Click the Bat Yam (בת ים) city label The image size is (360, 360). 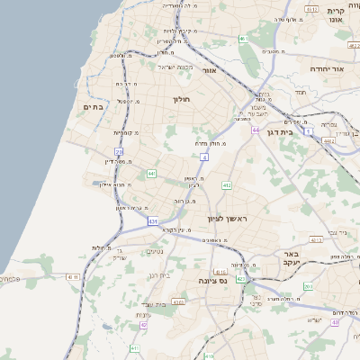click(94, 106)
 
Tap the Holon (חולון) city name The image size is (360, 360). click(184, 100)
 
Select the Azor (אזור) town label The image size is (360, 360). click(210, 69)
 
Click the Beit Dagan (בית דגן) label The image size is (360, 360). click(281, 130)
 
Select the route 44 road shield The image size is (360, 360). click(256, 130)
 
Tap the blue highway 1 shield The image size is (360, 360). click(308, 131)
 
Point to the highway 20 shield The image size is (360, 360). click(119, 150)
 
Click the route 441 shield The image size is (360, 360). click(152, 173)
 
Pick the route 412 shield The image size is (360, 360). click(226, 185)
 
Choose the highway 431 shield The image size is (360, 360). click(153, 220)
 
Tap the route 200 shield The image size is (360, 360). click(309, 286)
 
